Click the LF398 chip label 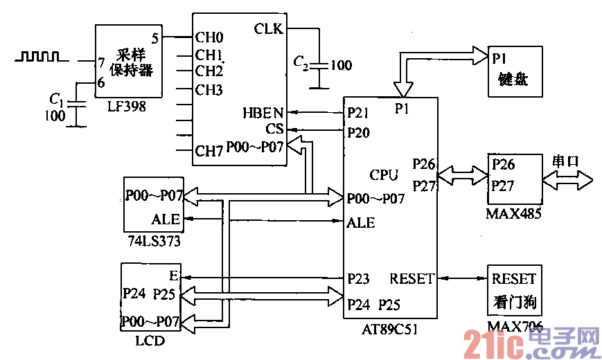tap(127, 108)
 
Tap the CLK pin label tap(268, 28)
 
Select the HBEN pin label tap(262, 113)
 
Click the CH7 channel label tap(209, 150)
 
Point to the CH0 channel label tap(209, 37)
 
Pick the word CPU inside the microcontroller tap(384, 174)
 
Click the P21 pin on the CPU tap(358, 112)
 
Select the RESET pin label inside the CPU tap(412, 279)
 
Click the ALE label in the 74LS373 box tap(166, 219)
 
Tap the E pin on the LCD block tap(173, 276)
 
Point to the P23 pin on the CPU tap(358, 278)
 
